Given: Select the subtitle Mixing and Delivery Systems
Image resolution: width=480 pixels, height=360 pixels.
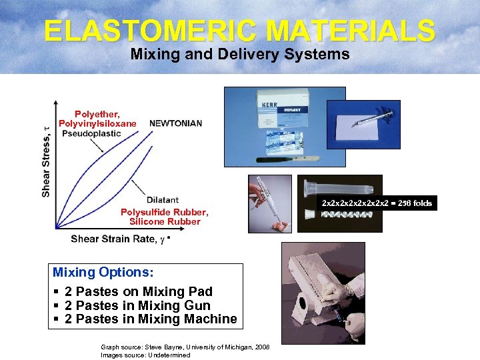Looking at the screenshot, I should click(x=240, y=55).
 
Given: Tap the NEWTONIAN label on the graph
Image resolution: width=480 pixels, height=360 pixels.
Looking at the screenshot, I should click(x=175, y=123).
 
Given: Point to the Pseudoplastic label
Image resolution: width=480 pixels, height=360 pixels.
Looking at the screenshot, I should click(x=91, y=133).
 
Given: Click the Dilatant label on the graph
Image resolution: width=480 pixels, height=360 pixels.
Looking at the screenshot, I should click(x=162, y=199).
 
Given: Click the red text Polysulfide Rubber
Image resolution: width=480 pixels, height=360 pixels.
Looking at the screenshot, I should click(x=164, y=212).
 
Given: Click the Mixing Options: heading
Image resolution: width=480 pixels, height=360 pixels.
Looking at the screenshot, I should click(x=103, y=273).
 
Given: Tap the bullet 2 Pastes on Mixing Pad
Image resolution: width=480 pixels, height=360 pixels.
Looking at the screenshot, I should click(x=139, y=291).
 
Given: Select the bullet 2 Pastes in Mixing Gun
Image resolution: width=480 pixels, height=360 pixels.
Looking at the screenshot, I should click(x=137, y=305).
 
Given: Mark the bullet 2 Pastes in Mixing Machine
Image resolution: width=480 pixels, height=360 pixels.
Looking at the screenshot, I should click(x=151, y=319).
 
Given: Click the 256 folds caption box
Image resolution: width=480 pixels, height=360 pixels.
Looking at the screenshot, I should click(x=377, y=203).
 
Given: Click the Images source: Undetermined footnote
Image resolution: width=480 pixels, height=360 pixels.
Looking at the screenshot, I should click(x=145, y=355).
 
